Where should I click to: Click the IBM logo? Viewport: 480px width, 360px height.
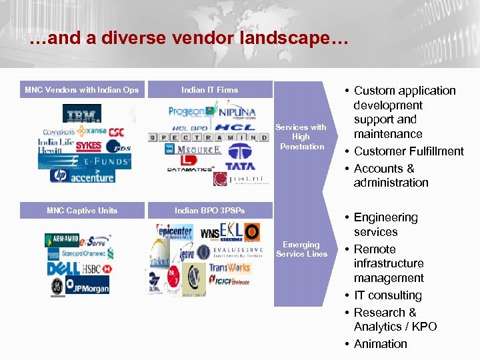click(82, 114)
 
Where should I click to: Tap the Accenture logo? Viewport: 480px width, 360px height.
click(91, 175)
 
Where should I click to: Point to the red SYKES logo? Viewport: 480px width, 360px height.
click(88, 145)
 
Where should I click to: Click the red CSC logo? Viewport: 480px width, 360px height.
click(116, 132)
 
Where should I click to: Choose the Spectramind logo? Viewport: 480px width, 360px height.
click(210, 137)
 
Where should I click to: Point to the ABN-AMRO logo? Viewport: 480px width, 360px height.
click(62, 240)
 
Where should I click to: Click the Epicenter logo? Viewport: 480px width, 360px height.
click(174, 232)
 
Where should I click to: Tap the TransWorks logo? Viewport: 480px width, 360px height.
click(229, 268)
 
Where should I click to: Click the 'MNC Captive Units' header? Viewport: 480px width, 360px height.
click(82, 211)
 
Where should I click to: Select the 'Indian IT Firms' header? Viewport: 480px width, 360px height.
click(209, 89)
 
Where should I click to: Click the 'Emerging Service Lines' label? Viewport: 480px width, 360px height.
click(301, 249)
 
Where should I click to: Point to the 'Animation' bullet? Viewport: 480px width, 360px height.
click(380, 344)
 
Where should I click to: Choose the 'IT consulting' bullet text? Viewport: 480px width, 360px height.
click(387, 295)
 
